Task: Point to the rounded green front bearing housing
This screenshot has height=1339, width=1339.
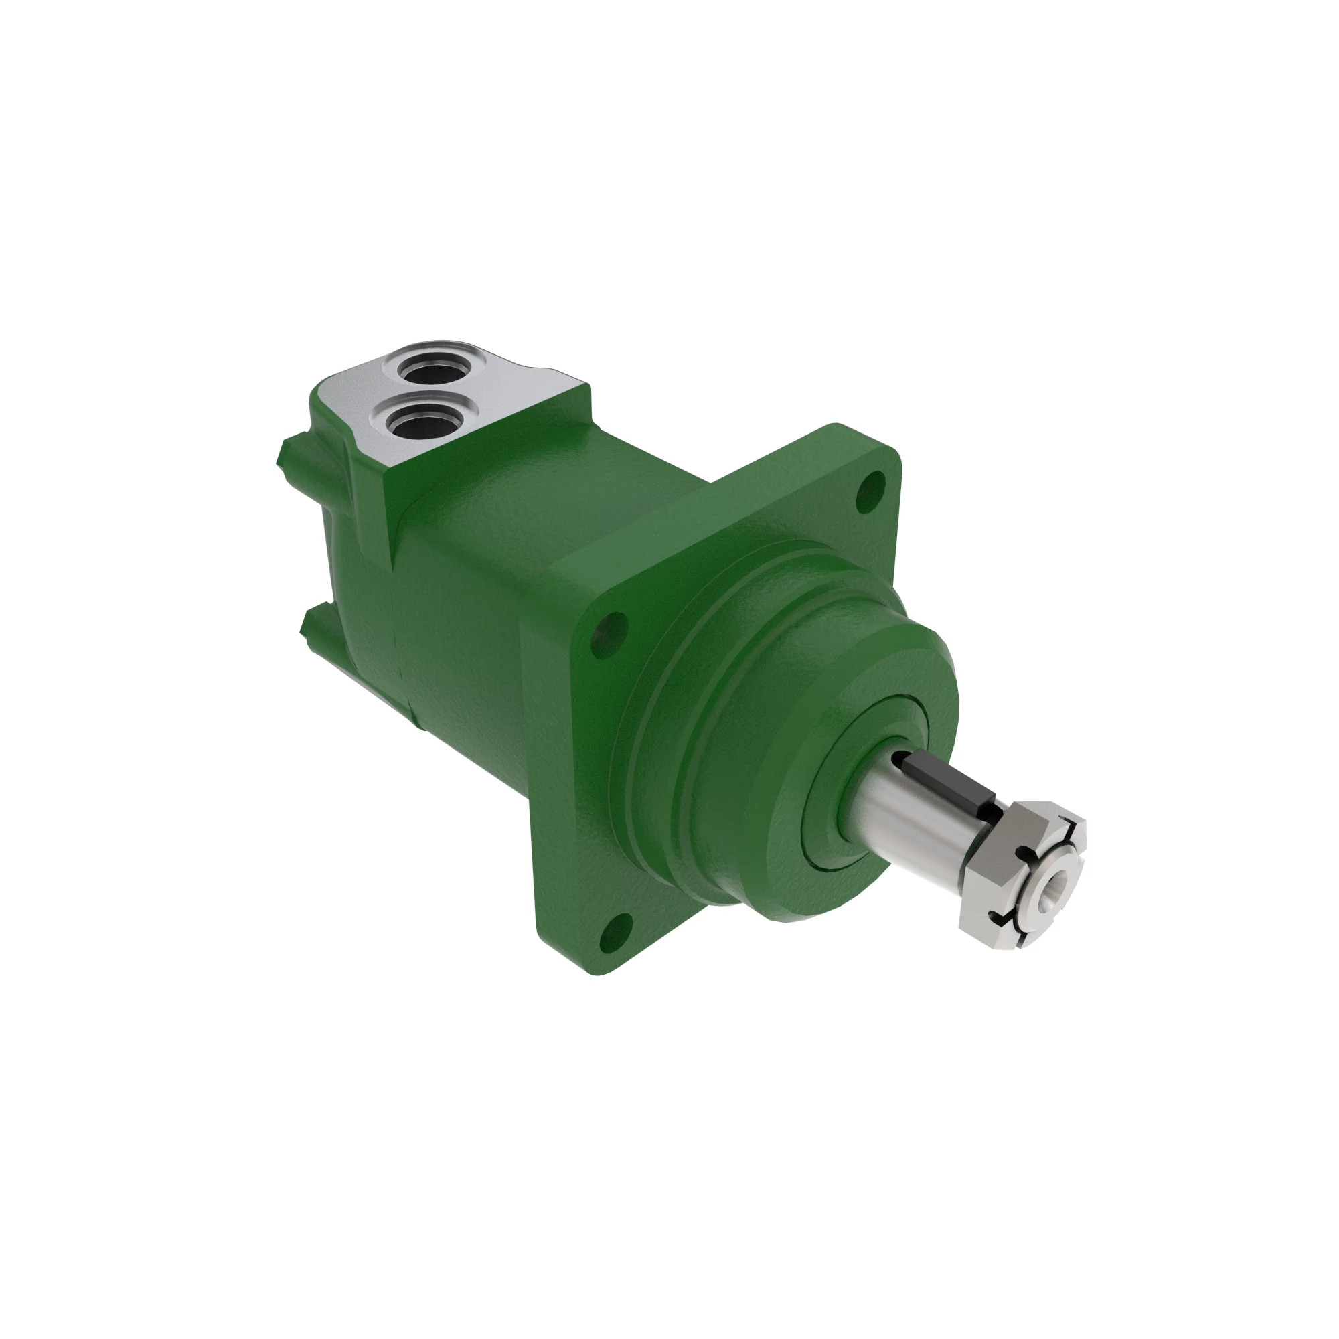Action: [x=763, y=728]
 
